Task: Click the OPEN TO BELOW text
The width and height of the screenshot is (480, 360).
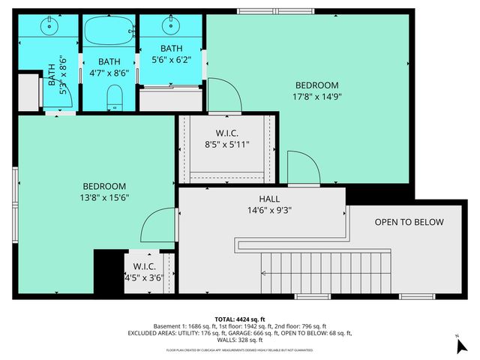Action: [x=409, y=222]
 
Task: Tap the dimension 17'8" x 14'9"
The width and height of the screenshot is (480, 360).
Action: [x=316, y=96]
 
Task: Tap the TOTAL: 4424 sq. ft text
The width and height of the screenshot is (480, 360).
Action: [x=240, y=318]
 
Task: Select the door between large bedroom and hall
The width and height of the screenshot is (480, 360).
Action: [x=302, y=166]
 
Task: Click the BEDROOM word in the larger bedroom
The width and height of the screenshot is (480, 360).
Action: [x=316, y=85]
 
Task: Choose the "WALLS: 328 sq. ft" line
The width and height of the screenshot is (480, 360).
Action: [x=240, y=340]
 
